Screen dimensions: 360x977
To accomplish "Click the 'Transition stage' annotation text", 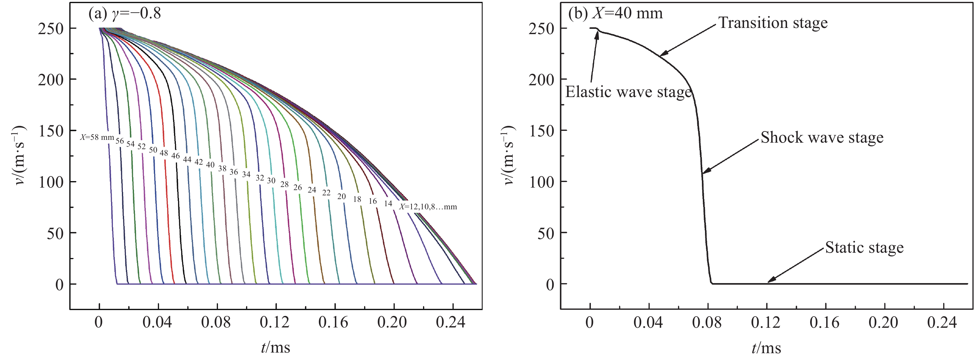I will tap(773, 23).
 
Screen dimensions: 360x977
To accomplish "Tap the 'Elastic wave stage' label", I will tap(628, 92).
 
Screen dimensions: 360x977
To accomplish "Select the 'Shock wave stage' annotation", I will tap(822, 137).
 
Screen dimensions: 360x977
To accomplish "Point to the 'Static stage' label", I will tap(864, 248).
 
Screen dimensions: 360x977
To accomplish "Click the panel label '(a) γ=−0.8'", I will tap(124, 13).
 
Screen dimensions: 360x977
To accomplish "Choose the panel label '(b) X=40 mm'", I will tap(615, 13).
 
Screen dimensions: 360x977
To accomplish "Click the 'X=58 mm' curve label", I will tap(97, 137).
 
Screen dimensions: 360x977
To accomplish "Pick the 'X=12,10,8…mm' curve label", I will tap(428, 207).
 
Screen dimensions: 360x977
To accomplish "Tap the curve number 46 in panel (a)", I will tap(175, 156).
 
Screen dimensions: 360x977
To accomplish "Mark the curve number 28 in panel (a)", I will tap(284, 184).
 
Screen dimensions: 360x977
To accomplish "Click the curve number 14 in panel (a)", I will tap(388, 204).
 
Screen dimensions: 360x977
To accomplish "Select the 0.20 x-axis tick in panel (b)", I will tap(883, 323).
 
